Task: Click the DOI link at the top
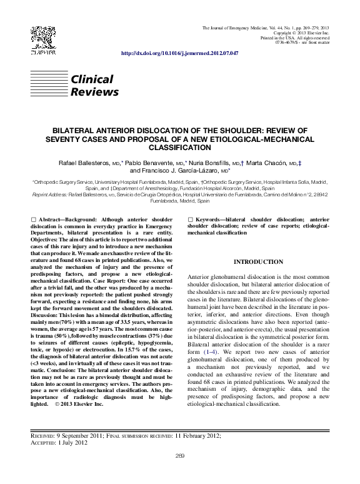(179, 54)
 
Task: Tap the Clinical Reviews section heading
(94, 86)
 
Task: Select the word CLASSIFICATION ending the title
(179, 148)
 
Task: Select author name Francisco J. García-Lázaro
(173, 170)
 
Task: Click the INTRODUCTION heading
(258, 261)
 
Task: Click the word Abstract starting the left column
(52, 219)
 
